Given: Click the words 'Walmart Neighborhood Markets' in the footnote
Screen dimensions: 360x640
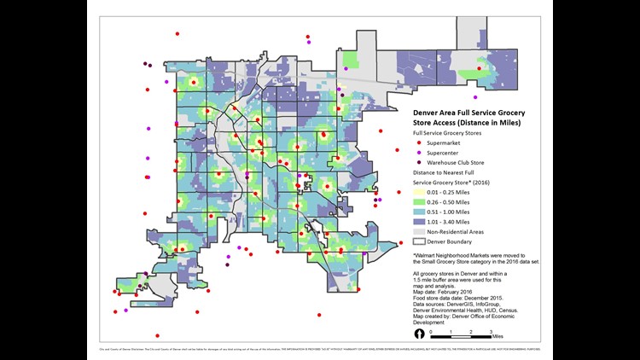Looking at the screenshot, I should pos(457,254).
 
